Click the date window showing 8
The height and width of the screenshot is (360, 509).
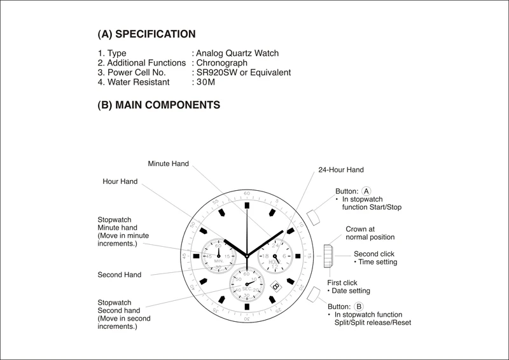[275, 286]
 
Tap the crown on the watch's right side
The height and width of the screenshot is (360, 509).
[328, 255]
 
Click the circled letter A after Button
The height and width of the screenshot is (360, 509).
[366, 190]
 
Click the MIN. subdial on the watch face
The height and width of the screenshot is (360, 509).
[218, 256]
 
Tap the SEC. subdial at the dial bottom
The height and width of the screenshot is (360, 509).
[247, 285]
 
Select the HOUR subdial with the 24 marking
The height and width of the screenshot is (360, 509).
[274, 256]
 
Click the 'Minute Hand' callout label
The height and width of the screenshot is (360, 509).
[168, 163]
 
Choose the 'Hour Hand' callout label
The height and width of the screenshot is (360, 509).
[120, 181]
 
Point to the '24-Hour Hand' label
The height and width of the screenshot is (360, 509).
[341, 170]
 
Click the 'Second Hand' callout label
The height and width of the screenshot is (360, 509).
[120, 275]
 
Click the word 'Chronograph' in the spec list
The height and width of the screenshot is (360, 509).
[223, 63]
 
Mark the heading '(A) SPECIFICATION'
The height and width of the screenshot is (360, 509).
[146, 33]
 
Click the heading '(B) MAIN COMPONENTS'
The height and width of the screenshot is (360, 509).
[159, 104]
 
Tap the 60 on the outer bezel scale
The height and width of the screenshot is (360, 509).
[248, 192]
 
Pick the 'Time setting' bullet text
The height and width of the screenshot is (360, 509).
[378, 261]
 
